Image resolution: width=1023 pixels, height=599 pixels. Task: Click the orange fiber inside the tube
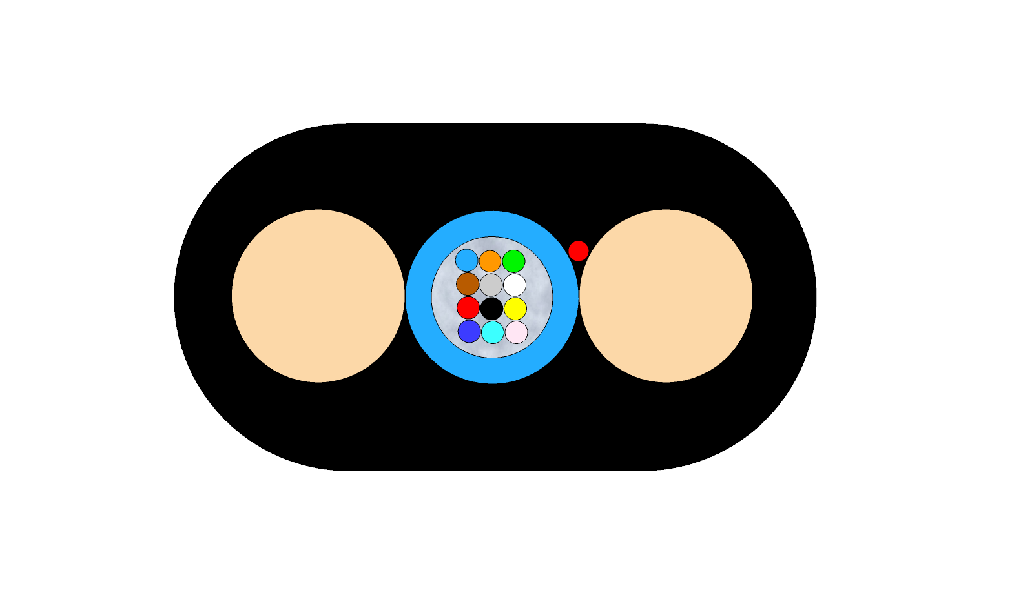(490, 261)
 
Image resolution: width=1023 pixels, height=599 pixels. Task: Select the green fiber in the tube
(514, 261)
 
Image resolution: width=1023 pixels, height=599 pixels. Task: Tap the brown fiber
(468, 284)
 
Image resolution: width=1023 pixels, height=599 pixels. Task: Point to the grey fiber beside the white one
(491, 285)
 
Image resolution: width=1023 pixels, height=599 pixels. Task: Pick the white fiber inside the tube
(515, 285)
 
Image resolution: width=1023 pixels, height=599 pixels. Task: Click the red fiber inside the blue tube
(468, 308)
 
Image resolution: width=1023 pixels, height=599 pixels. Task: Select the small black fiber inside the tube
(491, 309)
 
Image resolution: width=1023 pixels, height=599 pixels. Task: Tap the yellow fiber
(515, 309)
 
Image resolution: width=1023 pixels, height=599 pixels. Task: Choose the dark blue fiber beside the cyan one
(470, 331)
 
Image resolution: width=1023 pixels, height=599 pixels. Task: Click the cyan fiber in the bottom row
(493, 332)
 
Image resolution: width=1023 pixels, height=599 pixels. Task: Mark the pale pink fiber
(517, 332)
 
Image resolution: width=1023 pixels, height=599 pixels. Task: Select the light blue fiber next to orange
(466, 260)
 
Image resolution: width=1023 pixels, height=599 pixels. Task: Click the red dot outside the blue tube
(579, 251)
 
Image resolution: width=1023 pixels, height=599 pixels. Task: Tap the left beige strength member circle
(318, 296)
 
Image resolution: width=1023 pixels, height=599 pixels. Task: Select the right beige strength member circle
(666, 296)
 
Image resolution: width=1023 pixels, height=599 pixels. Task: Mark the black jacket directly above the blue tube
(492, 168)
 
